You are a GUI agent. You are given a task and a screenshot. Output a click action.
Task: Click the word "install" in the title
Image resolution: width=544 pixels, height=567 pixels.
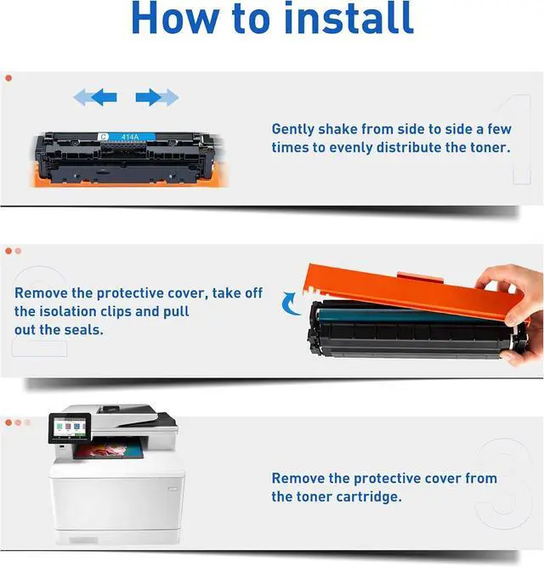(x=348, y=17)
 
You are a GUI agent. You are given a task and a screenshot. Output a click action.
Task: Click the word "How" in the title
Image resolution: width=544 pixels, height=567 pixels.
(x=176, y=18)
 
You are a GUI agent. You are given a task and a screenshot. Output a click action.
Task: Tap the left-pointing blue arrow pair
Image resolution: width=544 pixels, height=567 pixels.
(x=95, y=97)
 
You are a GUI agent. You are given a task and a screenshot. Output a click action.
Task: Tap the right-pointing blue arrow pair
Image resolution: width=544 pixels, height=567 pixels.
(x=157, y=97)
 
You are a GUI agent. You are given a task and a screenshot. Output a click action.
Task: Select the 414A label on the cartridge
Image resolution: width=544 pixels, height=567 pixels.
(x=130, y=137)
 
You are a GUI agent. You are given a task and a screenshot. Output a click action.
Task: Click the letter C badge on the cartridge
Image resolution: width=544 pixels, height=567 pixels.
(x=104, y=137)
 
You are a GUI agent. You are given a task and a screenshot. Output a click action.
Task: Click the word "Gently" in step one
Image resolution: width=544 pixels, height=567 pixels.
(x=292, y=129)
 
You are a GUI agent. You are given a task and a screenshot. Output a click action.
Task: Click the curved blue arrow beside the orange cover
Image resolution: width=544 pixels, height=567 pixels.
(x=289, y=303)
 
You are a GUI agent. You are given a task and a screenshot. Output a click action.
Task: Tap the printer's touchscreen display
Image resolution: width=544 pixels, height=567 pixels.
(x=70, y=428)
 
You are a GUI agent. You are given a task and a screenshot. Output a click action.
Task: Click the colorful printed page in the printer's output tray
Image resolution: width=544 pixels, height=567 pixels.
(x=109, y=451)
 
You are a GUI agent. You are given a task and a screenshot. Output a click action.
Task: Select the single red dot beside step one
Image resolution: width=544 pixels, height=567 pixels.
(x=8, y=78)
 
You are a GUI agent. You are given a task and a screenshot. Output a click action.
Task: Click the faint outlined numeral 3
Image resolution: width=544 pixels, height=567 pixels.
(x=504, y=483)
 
